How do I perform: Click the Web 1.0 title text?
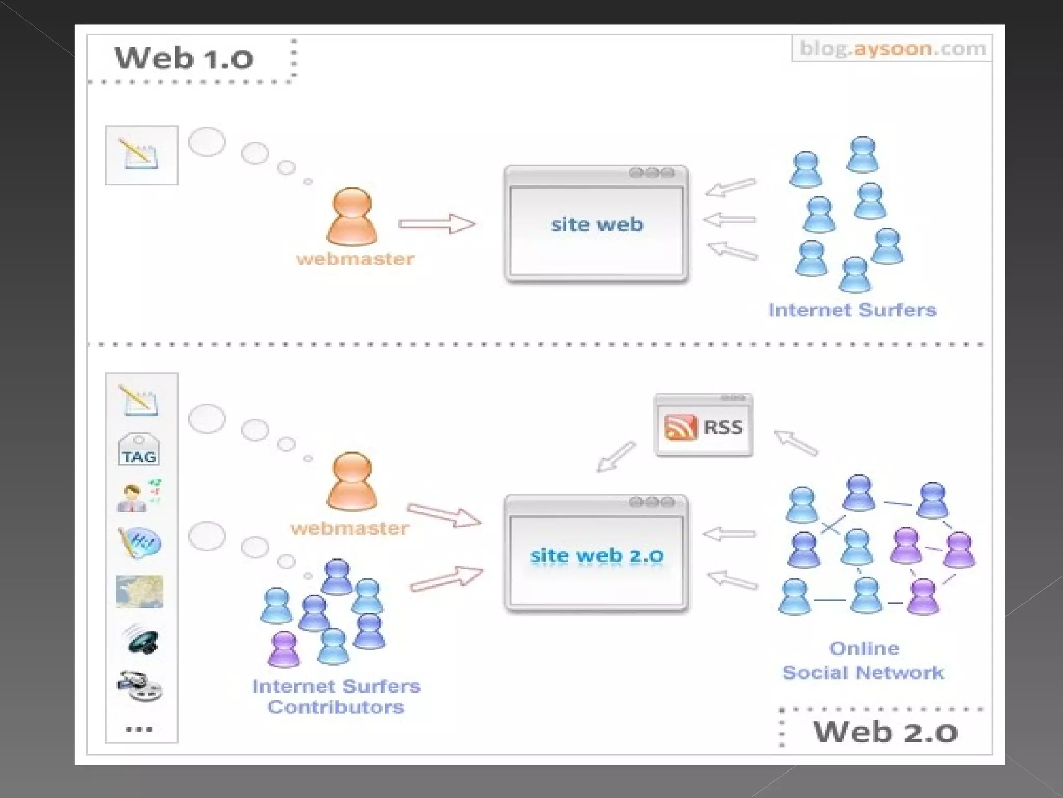click(184, 58)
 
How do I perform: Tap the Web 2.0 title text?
click(885, 731)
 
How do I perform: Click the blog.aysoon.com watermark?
click(892, 48)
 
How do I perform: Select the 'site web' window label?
click(597, 224)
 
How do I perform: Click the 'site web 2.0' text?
click(597, 555)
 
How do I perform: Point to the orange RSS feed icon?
click(680, 428)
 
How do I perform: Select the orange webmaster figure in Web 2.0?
click(352, 481)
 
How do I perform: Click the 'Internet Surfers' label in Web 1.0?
click(852, 310)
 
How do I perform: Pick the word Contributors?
click(336, 707)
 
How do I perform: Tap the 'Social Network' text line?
click(863, 672)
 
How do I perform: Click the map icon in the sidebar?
click(140, 591)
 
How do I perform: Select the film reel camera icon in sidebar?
click(139, 686)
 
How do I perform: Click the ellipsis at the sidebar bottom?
click(139, 729)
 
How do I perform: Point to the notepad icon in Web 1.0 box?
click(141, 154)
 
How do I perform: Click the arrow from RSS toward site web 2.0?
click(616, 457)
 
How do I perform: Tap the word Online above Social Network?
click(864, 648)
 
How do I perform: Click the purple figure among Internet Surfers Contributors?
click(284, 648)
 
